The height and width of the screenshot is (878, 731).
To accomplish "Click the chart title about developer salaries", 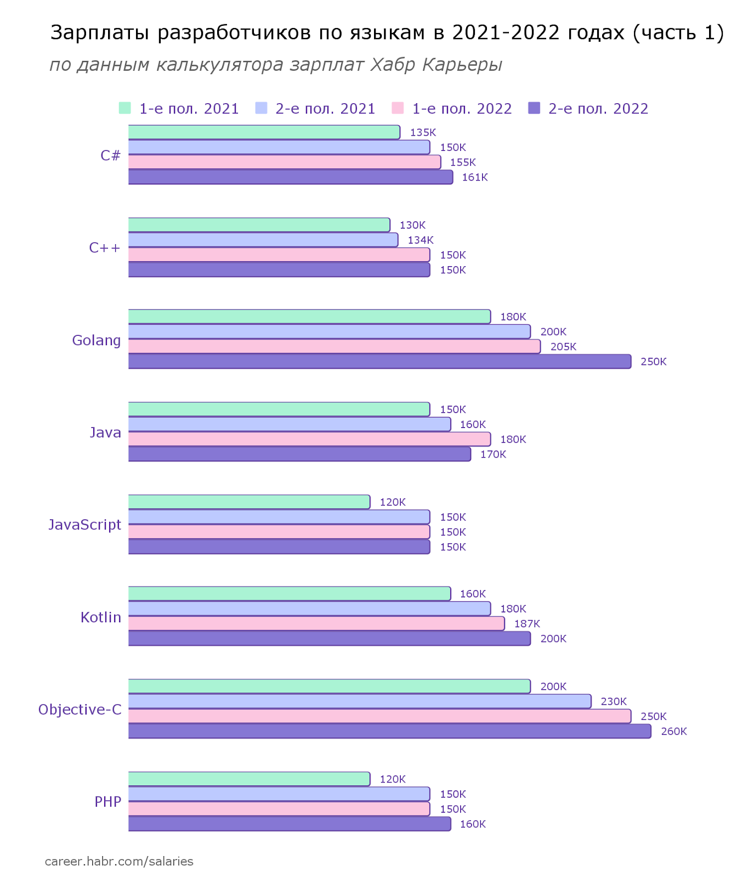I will tap(387, 33).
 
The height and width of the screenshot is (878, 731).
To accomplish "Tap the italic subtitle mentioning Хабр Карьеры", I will tap(276, 65).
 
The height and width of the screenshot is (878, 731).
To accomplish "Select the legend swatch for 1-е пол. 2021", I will tap(125, 108).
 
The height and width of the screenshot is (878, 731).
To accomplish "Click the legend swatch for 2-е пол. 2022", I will tap(534, 108).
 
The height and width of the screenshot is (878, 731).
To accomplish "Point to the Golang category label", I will tap(97, 340).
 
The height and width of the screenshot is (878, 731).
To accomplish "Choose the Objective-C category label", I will tap(80, 710).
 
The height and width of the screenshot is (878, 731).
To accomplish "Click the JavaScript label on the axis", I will tap(84, 525).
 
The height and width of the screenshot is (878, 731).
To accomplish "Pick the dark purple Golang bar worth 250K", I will tap(379, 362).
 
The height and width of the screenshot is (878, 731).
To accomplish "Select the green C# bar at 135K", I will tap(264, 132).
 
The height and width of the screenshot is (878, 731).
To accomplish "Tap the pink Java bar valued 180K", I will tap(309, 439).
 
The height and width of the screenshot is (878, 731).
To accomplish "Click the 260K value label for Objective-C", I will tap(674, 731).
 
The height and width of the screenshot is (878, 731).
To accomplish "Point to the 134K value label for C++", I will tap(421, 240).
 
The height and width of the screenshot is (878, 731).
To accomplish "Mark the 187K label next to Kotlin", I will tap(527, 624).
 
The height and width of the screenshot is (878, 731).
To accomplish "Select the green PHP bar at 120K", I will tap(249, 779).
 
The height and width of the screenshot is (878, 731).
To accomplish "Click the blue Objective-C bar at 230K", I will tap(360, 701).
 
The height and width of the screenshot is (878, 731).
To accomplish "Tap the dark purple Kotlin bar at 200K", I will tap(329, 639).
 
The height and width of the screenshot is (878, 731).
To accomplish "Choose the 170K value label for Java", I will tap(493, 454).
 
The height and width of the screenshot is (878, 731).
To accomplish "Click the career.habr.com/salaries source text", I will tap(119, 862).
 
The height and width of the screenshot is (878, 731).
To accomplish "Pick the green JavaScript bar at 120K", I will tap(249, 502).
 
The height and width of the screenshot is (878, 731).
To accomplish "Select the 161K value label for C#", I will tap(475, 177).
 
